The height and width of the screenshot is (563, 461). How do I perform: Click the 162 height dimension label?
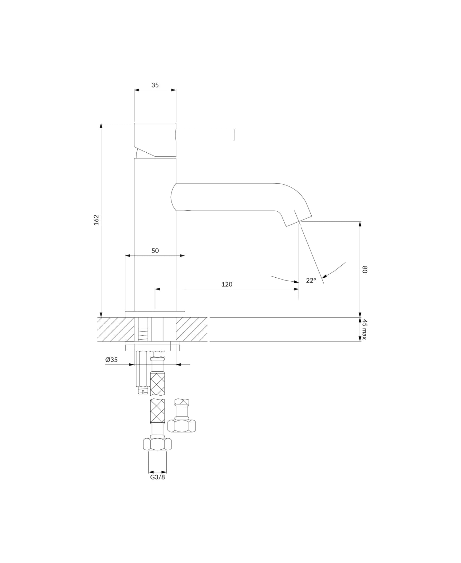point(96,220)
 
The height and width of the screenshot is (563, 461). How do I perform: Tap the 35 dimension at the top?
point(155,85)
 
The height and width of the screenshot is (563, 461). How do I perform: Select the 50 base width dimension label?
point(155,251)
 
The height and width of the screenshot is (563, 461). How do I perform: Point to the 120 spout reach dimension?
point(227,284)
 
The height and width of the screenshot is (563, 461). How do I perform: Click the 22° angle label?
point(311,280)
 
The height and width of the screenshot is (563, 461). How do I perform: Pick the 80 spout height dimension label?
point(364,270)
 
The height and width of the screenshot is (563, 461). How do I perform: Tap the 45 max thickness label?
point(364,329)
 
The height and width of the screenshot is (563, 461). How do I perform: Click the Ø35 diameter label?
point(111,360)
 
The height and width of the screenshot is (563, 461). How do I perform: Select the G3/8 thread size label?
point(157,477)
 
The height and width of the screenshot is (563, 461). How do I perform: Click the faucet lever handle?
point(205,135)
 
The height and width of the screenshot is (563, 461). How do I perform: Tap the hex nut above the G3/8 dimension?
point(157,444)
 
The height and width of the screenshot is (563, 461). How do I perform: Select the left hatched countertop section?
point(116,329)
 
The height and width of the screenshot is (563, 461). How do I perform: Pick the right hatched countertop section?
point(191,329)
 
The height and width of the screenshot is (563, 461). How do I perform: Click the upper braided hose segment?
point(157,384)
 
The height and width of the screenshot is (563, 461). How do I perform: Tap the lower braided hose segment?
point(157,411)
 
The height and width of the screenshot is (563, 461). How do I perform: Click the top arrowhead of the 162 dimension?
point(101,125)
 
